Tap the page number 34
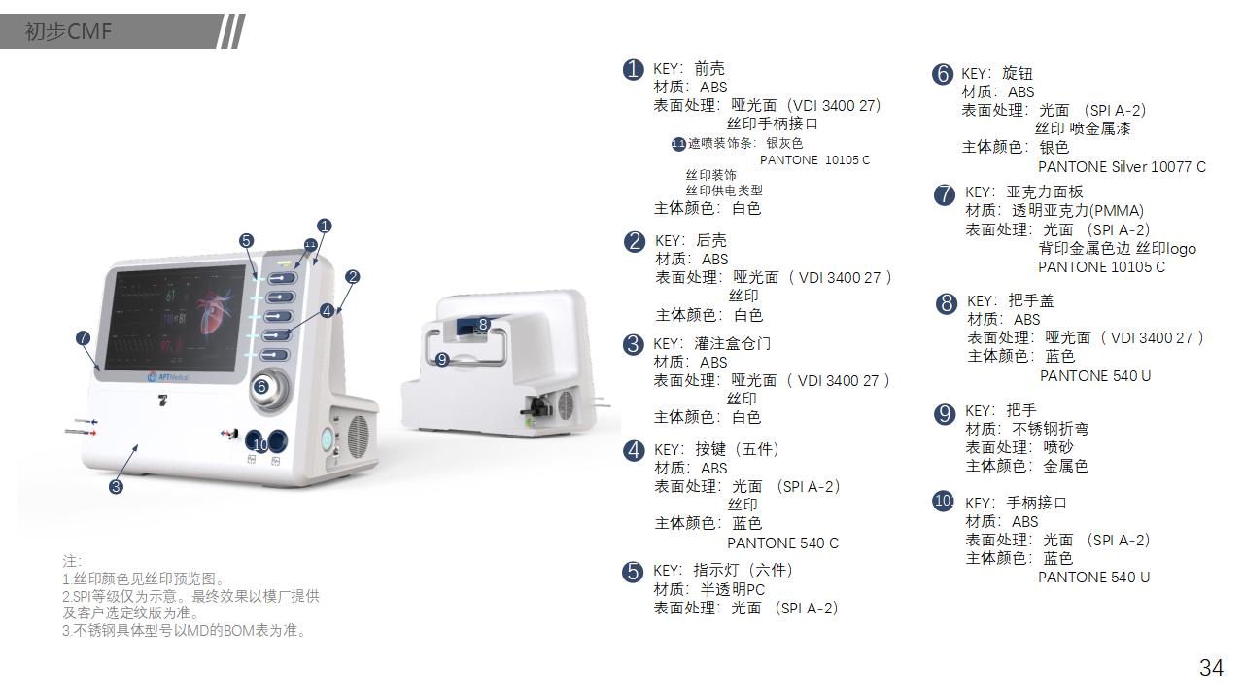1211,668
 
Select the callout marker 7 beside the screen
83,338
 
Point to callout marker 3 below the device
116,487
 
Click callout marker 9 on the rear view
442,360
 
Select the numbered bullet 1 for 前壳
633,69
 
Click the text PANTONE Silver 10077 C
1122,167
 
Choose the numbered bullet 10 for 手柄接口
943,502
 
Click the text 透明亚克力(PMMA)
1078,211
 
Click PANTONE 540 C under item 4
782,543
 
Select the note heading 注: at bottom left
71,562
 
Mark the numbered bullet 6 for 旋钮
942,74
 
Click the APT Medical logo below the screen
168,375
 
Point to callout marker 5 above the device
246,240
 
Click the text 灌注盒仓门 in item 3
733,343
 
